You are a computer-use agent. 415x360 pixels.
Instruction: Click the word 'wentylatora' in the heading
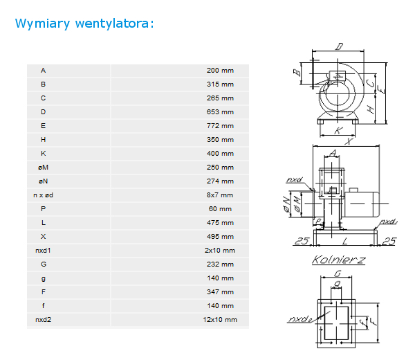[112, 24]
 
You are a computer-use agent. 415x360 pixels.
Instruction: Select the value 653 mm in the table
[220, 112]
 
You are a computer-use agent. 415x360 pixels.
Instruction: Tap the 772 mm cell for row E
[220, 126]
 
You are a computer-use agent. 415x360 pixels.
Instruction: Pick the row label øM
[43, 168]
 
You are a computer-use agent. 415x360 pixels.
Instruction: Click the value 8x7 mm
[220, 195]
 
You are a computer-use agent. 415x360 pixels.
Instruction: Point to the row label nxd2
[43, 320]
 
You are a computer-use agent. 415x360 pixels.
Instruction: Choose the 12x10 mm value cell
[220, 320]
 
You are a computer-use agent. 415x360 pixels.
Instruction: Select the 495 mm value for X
[220, 237]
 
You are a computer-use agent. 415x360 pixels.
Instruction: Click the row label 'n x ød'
[43, 195]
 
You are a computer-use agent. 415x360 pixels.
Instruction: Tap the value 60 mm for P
[220, 209]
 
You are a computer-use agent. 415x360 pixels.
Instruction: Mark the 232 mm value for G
[220, 264]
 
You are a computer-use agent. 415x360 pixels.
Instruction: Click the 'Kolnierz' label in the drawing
[338, 260]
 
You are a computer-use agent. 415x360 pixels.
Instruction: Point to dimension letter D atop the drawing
[340, 46]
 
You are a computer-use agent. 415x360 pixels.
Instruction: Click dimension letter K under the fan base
[338, 131]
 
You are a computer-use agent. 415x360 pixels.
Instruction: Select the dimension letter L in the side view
[344, 242]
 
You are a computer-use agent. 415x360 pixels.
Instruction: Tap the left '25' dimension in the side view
[302, 241]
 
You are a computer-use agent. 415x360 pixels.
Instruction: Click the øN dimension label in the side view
[286, 204]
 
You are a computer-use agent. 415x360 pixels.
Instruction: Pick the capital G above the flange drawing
[338, 273]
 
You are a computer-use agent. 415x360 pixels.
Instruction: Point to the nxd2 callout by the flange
[300, 319]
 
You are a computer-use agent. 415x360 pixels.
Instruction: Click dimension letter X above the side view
[349, 141]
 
